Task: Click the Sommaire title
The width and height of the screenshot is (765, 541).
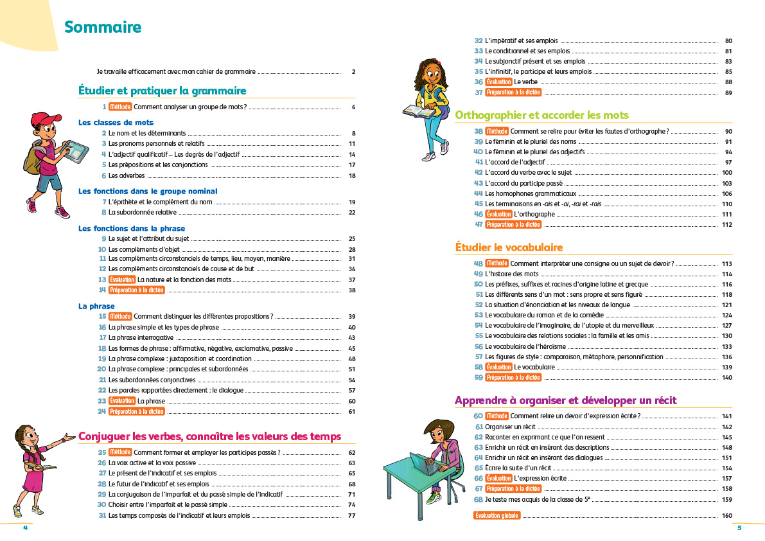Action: coord(103,28)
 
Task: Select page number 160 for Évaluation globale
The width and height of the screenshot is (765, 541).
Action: coord(727,516)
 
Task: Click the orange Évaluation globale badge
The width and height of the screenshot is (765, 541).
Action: coord(497,516)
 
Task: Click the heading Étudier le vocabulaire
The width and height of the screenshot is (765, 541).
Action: coord(509,247)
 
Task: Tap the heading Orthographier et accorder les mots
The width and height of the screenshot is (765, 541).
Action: coord(541,115)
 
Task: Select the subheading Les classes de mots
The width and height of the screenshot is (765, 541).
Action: coord(116,122)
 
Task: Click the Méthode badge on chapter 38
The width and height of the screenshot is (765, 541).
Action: coord(497,131)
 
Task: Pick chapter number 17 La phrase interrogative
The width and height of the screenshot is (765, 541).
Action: coord(103,337)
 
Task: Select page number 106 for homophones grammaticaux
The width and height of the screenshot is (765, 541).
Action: coord(727,193)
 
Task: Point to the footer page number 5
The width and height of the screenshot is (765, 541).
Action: coord(739,528)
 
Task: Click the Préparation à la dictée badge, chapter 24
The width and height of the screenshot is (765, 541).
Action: coord(136,411)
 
